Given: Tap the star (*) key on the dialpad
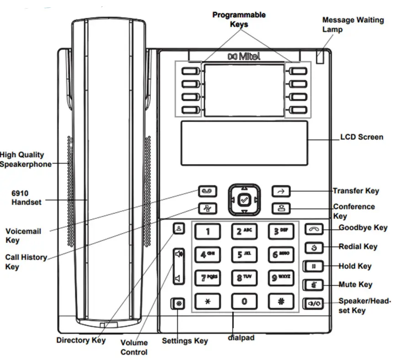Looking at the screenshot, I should click(x=208, y=302).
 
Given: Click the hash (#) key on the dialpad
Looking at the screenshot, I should click(x=280, y=302).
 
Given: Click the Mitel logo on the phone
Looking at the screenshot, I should click(x=244, y=57).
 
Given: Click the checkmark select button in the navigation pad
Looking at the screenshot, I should click(x=244, y=199).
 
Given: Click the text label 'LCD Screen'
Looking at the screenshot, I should click(x=362, y=137).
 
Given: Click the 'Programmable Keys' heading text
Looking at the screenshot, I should click(x=239, y=19).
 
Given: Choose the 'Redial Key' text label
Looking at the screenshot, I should click(x=358, y=247).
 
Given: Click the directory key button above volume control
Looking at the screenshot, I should click(x=179, y=228).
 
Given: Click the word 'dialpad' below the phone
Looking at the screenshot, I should click(x=241, y=338).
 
